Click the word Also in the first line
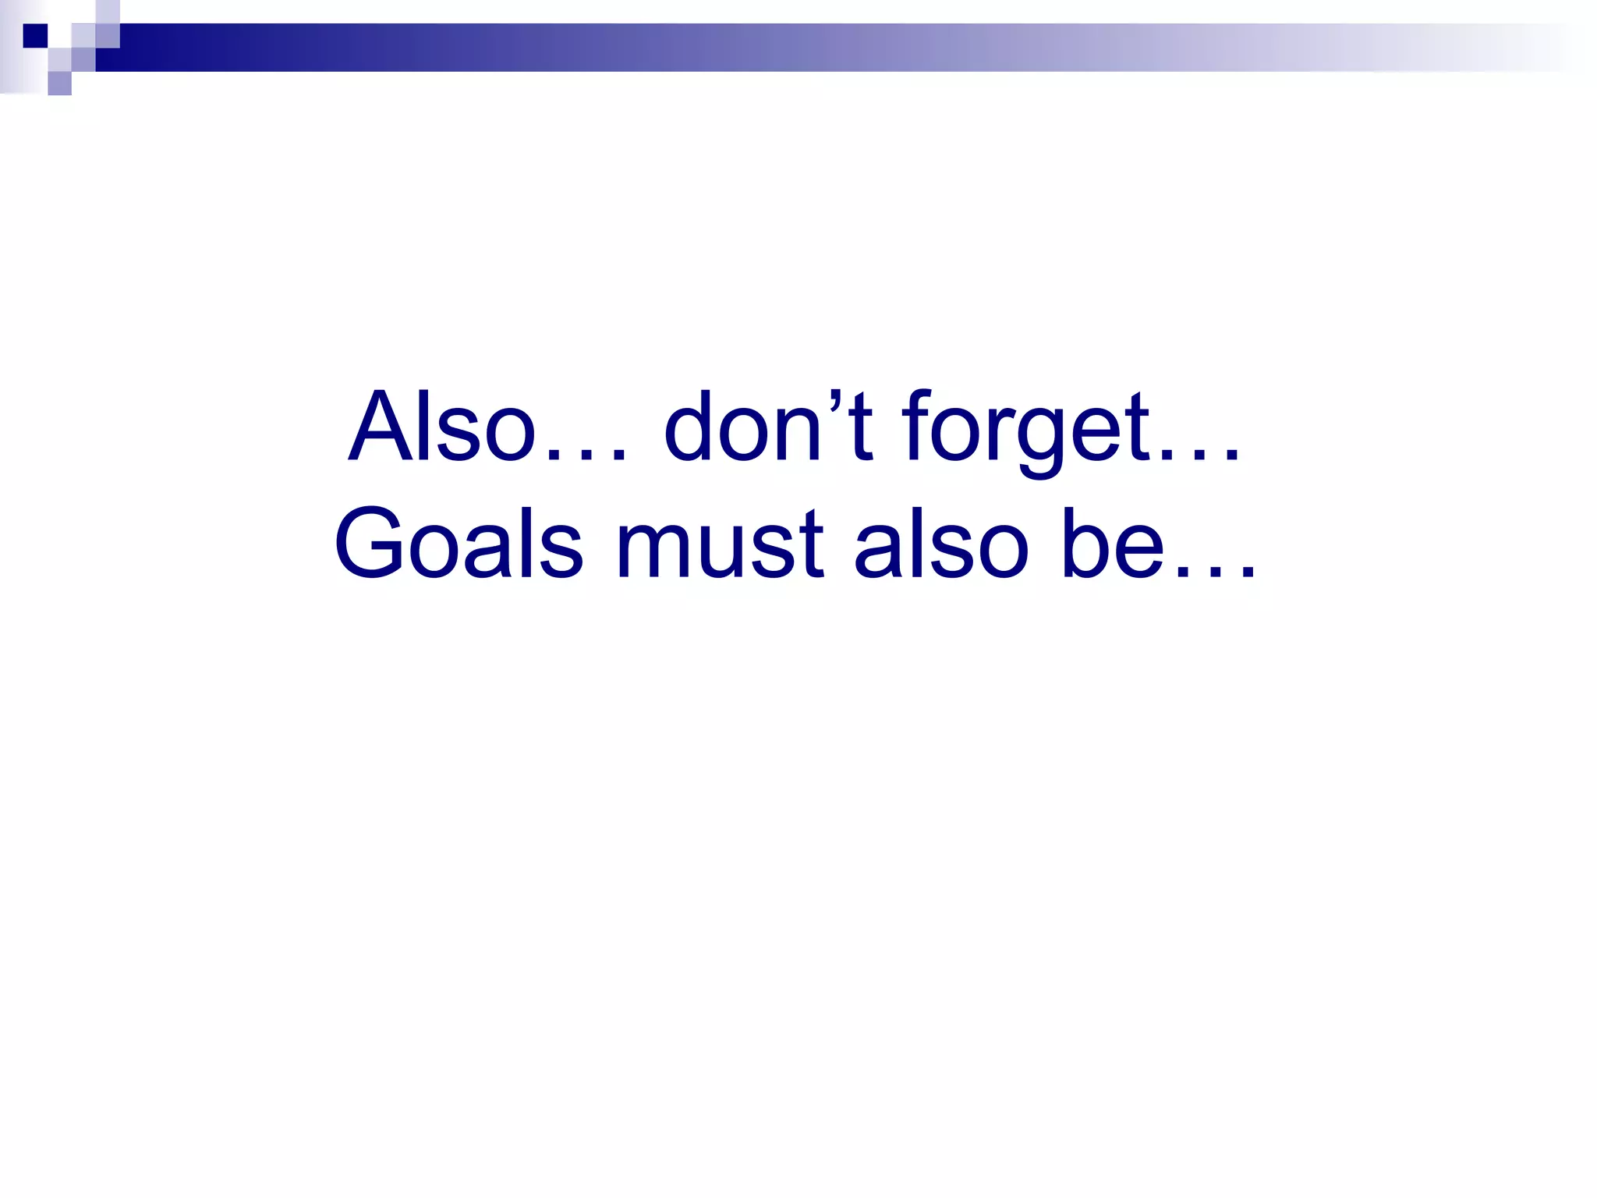442,427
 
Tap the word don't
768,427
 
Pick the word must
719,544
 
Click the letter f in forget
918,427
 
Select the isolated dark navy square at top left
35,36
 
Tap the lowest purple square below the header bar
59,83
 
